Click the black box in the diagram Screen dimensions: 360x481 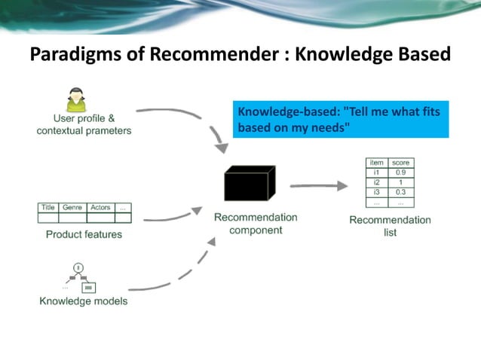coord(250,184)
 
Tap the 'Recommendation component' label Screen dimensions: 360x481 coord(256,224)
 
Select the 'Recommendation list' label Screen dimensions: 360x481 coord(390,226)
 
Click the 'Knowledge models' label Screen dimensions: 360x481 coord(84,301)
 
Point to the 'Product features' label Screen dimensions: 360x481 coord(84,234)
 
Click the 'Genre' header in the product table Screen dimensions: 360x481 coord(72,207)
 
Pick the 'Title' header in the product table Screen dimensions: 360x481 coord(48,207)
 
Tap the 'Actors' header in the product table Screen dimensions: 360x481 coord(100,207)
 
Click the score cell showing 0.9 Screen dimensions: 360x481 coord(400,172)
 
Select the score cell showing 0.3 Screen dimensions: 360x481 coord(400,192)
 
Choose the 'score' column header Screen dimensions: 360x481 coord(400,163)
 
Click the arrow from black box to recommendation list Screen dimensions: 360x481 coord(317,185)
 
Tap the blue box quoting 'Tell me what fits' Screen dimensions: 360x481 coord(340,120)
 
